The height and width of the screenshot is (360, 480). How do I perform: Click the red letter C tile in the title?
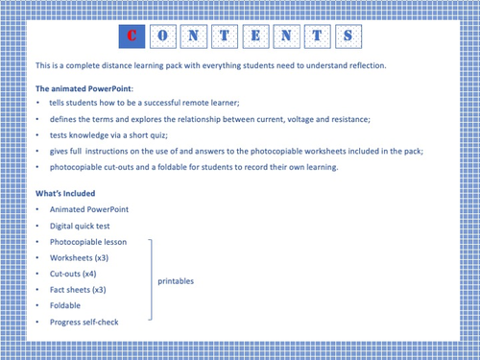pyautogui.click(x=132, y=36)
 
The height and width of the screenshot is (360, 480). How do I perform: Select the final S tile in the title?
pyautogui.click(x=349, y=36)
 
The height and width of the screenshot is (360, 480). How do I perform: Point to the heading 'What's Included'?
pyautogui.click(x=68, y=193)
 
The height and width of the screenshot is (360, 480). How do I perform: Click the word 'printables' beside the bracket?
pyautogui.click(x=176, y=280)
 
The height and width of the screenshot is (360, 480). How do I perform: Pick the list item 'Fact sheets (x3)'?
pyautogui.click(x=79, y=289)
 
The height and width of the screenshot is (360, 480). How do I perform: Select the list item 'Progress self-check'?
pyautogui.click(x=84, y=322)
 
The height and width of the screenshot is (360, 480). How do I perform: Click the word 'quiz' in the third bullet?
pyautogui.click(x=168, y=134)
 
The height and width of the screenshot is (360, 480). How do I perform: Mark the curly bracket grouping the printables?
pyautogui.click(x=150, y=279)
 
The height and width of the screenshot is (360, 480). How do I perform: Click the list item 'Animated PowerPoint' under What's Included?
pyautogui.click(x=87, y=208)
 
